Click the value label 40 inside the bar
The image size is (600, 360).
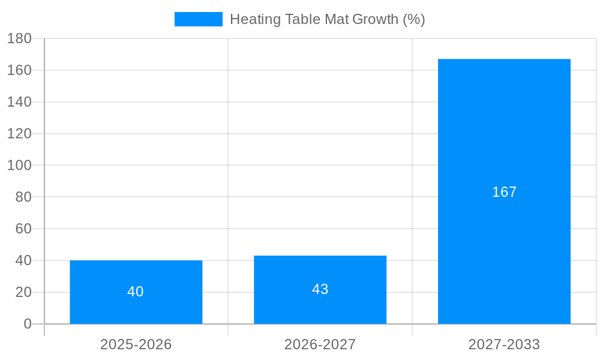pyautogui.click(x=136, y=292)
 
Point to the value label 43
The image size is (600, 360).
pyautogui.click(x=320, y=289)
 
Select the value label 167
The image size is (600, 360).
pyautogui.click(x=504, y=192)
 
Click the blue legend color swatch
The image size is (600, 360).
pyautogui.click(x=198, y=19)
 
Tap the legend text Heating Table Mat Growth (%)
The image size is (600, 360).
pyautogui.click(x=327, y=19)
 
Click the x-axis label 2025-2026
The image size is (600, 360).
pyautogui.click(x=136, y=344)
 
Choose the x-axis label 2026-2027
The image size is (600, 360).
pyautogui.click(x=320, y=344)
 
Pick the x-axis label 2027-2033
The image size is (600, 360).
pyautogui.click(x=504, y=344)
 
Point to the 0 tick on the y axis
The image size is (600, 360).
pyautogui.click(x=28, y=324)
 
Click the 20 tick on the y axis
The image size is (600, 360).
pyautogui.click(x=23, y=292)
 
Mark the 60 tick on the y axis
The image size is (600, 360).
pyautogui.click(x=23, y=229)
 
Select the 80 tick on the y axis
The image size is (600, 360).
pyautogui.click(x=23, y=197)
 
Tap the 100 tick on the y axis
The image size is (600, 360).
pyautogui.click(x=19, y=165)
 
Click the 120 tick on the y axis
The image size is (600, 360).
pyautogui.click(x=19, y=133)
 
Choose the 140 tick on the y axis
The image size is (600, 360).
pyautogui.click(x=19, y=102)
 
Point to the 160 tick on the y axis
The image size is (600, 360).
pyautogui.click(x=19, y=70)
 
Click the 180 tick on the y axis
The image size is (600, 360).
pyautogui.click(x=19, y=38)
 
